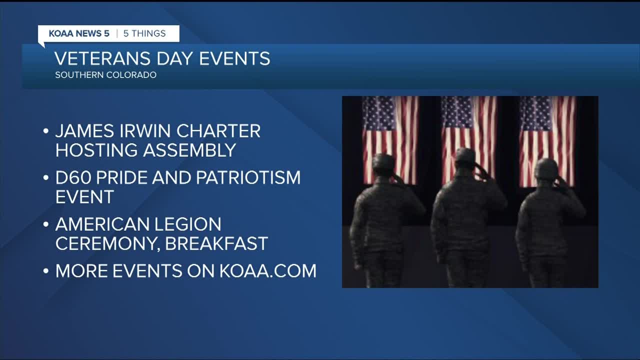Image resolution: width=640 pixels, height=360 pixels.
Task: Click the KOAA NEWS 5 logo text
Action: point(79,33)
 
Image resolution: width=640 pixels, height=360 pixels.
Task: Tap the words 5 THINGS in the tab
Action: point(144,33)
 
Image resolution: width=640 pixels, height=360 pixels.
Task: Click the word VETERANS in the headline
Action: point(102,58)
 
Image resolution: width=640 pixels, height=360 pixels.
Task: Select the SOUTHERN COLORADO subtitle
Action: point(105,75)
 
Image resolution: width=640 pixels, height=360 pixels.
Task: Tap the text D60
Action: point(73,177)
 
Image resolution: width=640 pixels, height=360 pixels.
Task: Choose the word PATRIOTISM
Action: point(248,177)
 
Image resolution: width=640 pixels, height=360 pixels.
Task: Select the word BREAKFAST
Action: point(216,243)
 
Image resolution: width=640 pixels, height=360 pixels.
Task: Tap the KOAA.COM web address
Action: point(268,271)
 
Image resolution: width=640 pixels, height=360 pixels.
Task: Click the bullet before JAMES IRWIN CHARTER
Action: point(45,131)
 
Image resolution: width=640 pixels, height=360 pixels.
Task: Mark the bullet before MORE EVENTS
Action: point(45,271)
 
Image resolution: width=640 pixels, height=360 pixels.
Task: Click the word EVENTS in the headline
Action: point(234,58)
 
